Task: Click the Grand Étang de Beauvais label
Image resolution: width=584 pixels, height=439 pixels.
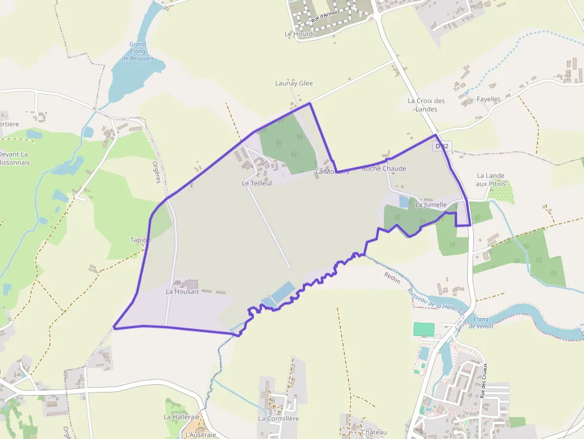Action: click(x=138, y=51)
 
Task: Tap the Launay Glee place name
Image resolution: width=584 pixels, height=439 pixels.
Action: click(x=294, y=83)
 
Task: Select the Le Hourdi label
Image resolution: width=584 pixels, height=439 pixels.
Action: click(x=299, y=34)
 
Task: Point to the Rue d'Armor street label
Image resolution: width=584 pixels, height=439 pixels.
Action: click(x=324, y=18)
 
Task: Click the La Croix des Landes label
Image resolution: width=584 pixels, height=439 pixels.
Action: click(x=426, y=105)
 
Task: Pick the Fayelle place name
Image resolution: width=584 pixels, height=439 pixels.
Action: click(x=487, y=99)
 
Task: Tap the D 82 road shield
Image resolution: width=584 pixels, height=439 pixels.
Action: click(x=442, y=145)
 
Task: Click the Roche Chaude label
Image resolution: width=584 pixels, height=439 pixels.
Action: click(x=384, y=169)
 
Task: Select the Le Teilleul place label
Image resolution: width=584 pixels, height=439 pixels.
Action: click(x=257, y=183)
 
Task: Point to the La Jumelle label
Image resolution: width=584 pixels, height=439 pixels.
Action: click(x=431, y=204)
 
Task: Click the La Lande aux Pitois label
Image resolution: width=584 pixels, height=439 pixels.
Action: click(x=490, y=179)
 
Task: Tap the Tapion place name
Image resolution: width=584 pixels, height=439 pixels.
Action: click(x=141, y=239)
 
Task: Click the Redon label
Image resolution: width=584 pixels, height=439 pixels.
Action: click(x=392, y=277)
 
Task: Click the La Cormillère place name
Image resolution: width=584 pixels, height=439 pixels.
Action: click(x=278, y=418)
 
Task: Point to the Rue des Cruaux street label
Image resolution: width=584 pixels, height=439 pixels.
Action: click(x=484, y=380)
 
